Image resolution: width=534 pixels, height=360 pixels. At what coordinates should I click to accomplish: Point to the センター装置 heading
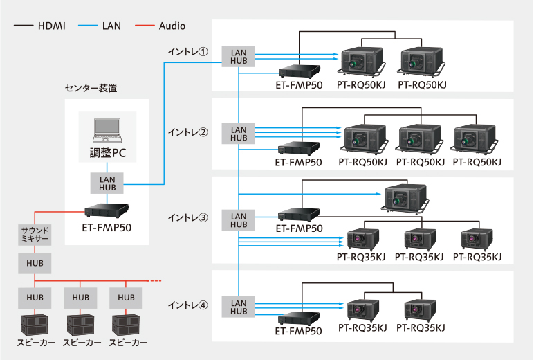pos(91,88)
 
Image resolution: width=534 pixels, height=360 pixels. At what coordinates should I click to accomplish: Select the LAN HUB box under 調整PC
pos(107,183)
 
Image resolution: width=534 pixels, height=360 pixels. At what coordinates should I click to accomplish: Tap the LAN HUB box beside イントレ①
pos(239,57)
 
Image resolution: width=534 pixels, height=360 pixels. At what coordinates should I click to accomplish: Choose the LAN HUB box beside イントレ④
pos(239,307)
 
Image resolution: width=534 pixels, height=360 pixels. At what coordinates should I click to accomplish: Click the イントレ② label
pos(188,131)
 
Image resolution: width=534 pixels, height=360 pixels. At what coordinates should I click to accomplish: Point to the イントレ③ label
pos(188,217)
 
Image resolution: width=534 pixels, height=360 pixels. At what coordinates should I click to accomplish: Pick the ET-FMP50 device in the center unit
pos(107,210)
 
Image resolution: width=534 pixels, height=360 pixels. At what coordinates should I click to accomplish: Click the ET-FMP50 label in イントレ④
pos(299,332)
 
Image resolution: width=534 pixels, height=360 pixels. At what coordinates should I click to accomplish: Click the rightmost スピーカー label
pos(126,343)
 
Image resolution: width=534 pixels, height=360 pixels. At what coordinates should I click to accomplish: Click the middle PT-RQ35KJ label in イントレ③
pos(419,257)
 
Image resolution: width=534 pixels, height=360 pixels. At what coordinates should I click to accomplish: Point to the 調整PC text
pos(107,152)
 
